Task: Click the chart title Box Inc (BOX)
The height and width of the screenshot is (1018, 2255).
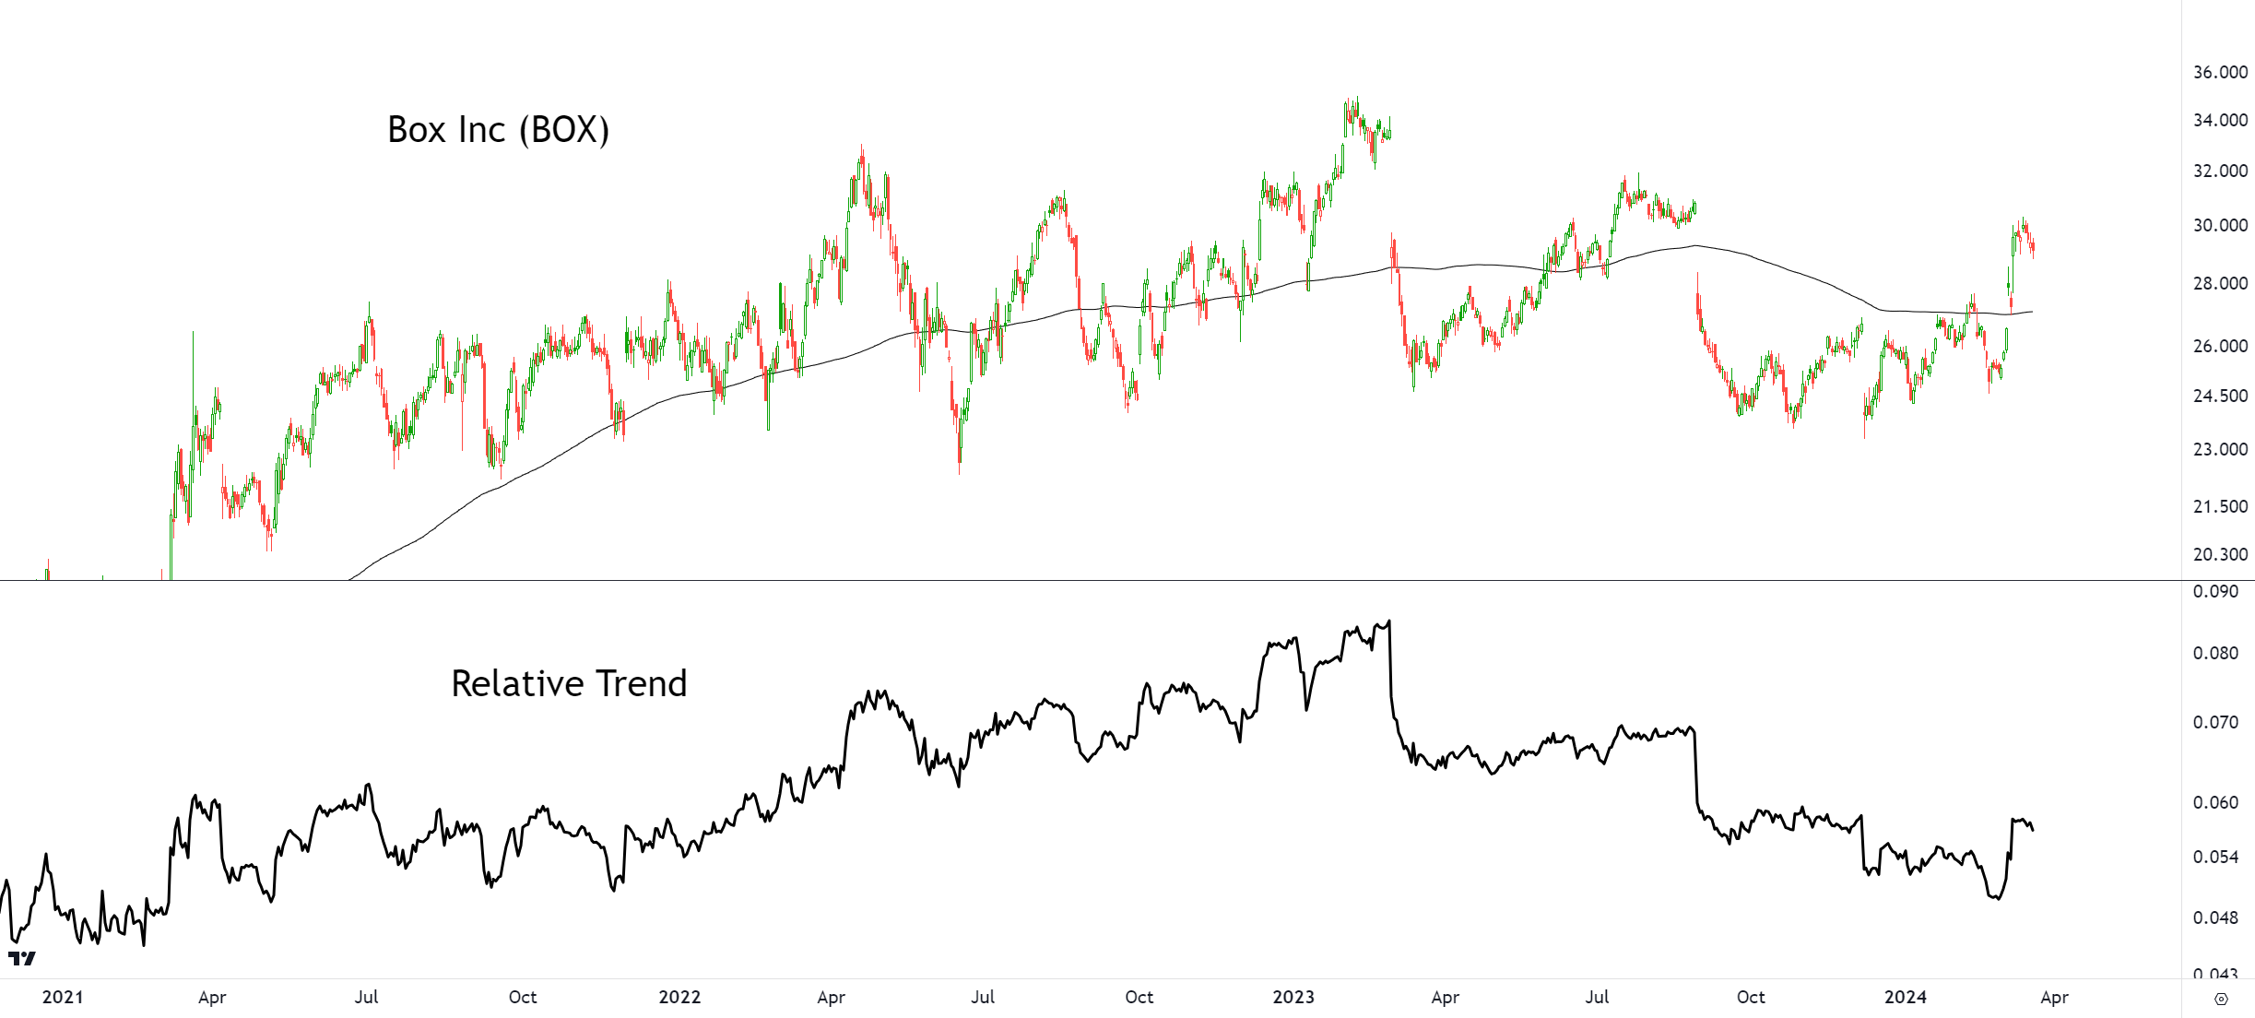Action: [498, 130]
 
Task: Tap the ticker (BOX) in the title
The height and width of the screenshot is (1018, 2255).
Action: [564, 130]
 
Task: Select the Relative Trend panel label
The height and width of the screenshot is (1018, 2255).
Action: [569, 683]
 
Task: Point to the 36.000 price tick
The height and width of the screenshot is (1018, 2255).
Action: [2220, 72]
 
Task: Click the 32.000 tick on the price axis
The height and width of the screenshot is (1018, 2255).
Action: [2220, 171]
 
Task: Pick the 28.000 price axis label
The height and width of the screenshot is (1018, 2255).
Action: [2220, 283]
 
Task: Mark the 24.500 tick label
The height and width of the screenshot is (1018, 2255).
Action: [2220, 396]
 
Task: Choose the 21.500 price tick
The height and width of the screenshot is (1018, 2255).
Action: [2220, 506]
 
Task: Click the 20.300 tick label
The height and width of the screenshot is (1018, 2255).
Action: [2220, 554]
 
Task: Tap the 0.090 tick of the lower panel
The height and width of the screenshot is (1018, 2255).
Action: [2215, 591]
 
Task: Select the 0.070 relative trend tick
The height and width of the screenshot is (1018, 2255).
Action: [2215, 722]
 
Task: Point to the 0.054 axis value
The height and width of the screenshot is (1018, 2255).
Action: [2215, 857]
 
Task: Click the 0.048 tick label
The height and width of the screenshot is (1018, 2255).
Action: [2215, 917]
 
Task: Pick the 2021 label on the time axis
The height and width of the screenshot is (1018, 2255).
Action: [63, 997]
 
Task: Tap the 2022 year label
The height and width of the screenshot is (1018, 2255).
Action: [679, 997]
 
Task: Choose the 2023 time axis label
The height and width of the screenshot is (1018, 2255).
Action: [1293, 997]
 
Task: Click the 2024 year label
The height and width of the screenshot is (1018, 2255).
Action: [1906, 997]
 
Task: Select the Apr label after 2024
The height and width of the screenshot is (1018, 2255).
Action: [2055, 998]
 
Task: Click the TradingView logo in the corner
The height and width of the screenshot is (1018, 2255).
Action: [22, 959]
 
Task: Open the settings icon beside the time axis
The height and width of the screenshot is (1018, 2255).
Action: [2221, 999]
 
